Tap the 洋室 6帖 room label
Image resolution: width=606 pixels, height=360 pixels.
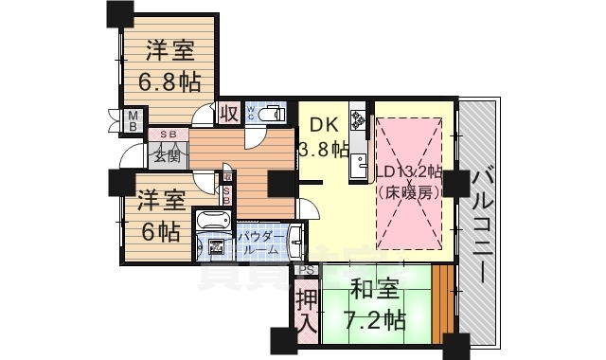pyautogui.click(x=159, y=215)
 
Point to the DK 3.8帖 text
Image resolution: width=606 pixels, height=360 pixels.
pyautogui.click(x=322, y=135)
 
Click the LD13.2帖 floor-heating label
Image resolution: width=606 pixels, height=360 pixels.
pyautogui.click(x=408, y=181)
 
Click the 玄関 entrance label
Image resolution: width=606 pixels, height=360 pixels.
pyautogui.click(x=167, y=154)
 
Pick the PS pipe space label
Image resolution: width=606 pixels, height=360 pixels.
pyautogui.click(x=304, y=270)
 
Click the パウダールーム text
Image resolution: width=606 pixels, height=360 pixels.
pyautogui.click(x=258, y=243)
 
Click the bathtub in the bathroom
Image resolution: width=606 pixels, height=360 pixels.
pyautogui.click(x=210, y=222)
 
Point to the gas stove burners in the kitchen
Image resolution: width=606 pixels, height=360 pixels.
pyautogui.click(x=358, y=120)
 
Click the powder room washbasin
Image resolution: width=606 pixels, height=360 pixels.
pyautogui.click(x=296, y=238)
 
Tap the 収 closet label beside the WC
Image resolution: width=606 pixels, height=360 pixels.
pyautogui.click(x=228, y=113)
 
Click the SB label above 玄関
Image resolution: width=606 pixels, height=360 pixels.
pyautogui.click(x=167, y=135)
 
